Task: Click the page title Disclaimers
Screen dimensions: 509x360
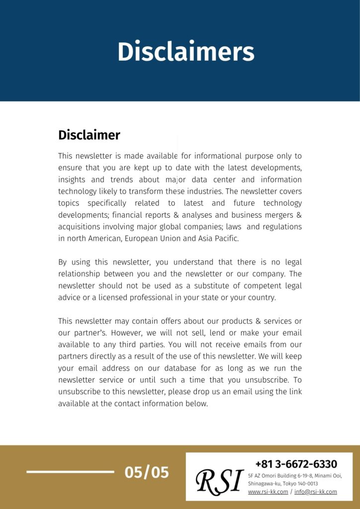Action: click(185, 51)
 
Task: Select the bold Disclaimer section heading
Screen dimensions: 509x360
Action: click(89, 135)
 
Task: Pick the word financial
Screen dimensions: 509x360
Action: click(132, 215)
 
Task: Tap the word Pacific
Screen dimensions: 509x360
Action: click(225, 239)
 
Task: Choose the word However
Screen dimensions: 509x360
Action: click(110, 333)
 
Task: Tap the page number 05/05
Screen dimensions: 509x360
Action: click(147, 472)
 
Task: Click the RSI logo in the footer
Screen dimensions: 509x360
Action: click(219, 481)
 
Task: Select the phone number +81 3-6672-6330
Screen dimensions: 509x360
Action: click(296, 464)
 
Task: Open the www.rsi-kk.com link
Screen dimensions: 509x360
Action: click(268, 492)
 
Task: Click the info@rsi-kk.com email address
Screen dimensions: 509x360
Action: click(315, 492)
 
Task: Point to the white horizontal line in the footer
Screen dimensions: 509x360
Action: click(70, 472)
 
